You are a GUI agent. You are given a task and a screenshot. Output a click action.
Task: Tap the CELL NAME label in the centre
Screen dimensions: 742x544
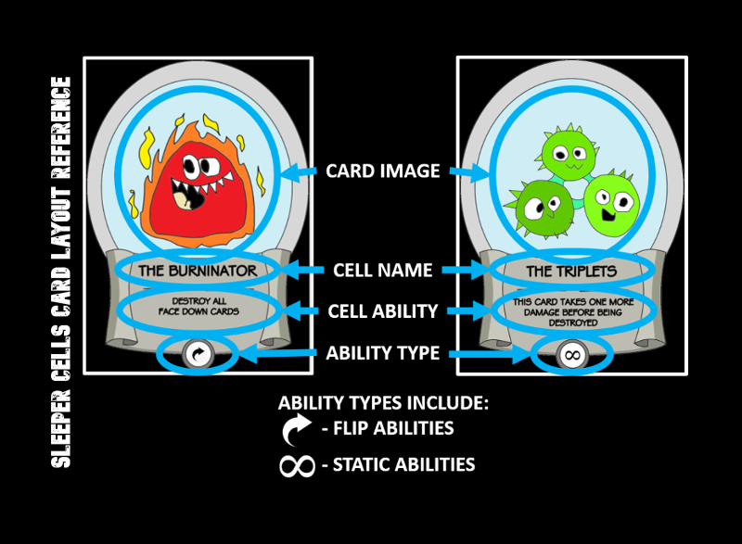(382, 271)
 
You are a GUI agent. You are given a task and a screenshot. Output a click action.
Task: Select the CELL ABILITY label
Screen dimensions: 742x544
(383, 311)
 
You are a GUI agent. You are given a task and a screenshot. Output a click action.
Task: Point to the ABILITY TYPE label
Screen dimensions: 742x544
(383, 352)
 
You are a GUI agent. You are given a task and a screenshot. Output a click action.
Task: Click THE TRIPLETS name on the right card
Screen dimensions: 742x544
(571, 271)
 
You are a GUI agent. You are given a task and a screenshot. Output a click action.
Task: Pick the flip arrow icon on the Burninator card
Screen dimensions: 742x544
(197, 353)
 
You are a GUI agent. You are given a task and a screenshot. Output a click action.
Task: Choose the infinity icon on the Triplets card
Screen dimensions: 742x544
(571, 354)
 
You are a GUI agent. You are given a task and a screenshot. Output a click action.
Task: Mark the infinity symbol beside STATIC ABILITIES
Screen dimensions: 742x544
(298, 464)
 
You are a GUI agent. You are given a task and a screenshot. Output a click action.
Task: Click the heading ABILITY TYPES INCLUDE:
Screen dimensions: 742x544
(383, 405)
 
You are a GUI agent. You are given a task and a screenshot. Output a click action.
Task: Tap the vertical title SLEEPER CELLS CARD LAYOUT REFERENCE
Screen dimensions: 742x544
(61, 272)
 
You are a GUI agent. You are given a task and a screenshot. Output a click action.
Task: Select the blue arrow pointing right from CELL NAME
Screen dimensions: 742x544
(463, 271)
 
